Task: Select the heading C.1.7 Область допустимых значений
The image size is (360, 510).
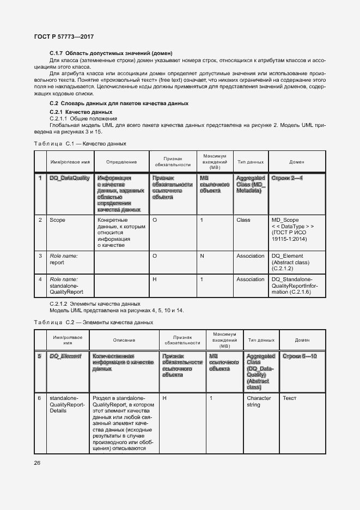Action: click(111, 53)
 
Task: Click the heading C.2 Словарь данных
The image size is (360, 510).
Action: click(119, 103)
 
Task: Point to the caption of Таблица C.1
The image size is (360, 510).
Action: click(80, 143)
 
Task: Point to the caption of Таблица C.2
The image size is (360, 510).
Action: click(93, 322)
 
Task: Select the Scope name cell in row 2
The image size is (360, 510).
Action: click(57, 220)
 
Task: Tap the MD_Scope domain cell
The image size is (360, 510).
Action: click(292, 229)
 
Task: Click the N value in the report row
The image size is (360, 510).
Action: click(202, 256)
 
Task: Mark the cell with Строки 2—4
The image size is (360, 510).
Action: click(286, 178)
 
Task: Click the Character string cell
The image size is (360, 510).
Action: click(258, 402)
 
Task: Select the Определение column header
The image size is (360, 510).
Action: click(121, 162)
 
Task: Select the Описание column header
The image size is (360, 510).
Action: click(124, 340)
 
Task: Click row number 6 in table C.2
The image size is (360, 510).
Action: click(39, 398)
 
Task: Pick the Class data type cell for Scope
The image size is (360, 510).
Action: click(243, 220)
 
